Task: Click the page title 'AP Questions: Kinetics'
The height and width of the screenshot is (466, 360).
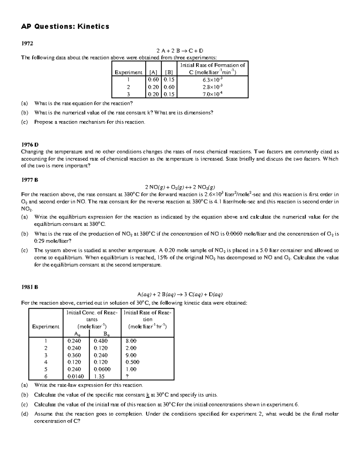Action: click(65, 27)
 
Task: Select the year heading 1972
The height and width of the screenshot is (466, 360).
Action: click(27, 43)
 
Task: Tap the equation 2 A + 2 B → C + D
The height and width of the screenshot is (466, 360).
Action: click(180, 51)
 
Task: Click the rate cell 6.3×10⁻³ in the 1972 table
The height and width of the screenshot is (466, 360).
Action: click(212, 80)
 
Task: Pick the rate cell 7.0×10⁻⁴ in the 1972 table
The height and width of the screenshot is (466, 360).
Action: click(212, 94)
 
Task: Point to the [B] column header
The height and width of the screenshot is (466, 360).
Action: click(169, 72)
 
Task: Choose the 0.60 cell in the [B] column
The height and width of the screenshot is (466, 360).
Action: click(169, 87)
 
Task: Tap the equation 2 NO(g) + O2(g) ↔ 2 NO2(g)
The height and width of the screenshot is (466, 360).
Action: click(180, 187)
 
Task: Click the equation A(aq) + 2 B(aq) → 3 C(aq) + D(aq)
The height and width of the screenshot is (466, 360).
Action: click(180, 294)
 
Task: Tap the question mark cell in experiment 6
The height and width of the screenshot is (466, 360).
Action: click(127, 376)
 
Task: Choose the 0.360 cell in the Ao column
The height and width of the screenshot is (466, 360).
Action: click(74, 355)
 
